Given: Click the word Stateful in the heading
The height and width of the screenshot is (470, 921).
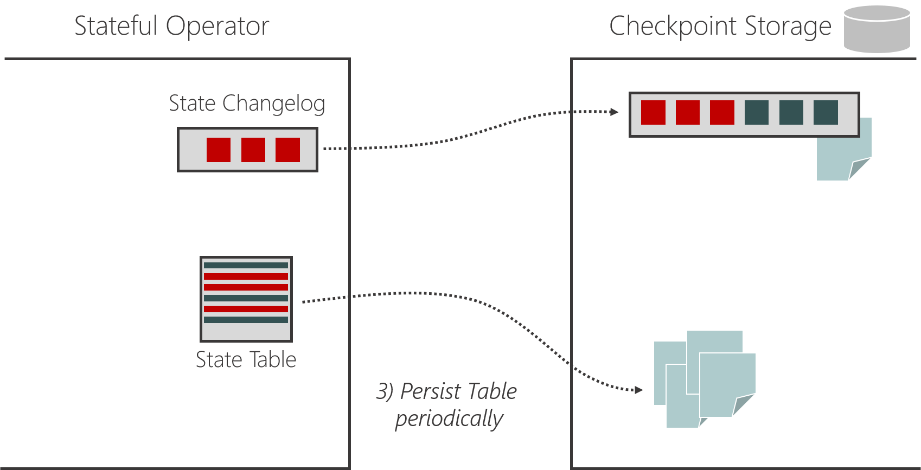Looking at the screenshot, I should [x=115, y=26].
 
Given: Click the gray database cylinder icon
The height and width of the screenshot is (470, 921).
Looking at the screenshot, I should [x=877, y=30].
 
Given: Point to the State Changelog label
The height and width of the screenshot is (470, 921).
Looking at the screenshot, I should [x=247, y=103].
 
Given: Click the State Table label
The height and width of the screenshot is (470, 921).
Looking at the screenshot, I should [x=246, y=359].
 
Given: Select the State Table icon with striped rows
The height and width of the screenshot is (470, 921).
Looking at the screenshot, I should [x=246, y=299].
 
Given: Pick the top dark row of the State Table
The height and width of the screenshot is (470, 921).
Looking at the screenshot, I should [x=246, y=266].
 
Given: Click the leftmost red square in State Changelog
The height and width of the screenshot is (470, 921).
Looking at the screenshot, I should [x=219, y=150].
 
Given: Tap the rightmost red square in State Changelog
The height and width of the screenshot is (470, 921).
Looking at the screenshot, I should [x=287, y=150].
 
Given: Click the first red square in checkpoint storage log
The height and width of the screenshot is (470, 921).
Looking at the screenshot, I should [x=653, y=112].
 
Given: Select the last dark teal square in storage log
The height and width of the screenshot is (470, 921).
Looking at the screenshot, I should [x=826, y=112].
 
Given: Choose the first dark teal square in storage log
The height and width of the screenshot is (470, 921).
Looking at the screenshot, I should [x=756, y=112].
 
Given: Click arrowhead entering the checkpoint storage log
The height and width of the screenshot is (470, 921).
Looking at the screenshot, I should [x=615, y=112].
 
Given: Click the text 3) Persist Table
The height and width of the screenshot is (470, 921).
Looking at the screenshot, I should [x=446, y=391].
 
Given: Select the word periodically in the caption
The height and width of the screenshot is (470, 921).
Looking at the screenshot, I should [x=449, y=419].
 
